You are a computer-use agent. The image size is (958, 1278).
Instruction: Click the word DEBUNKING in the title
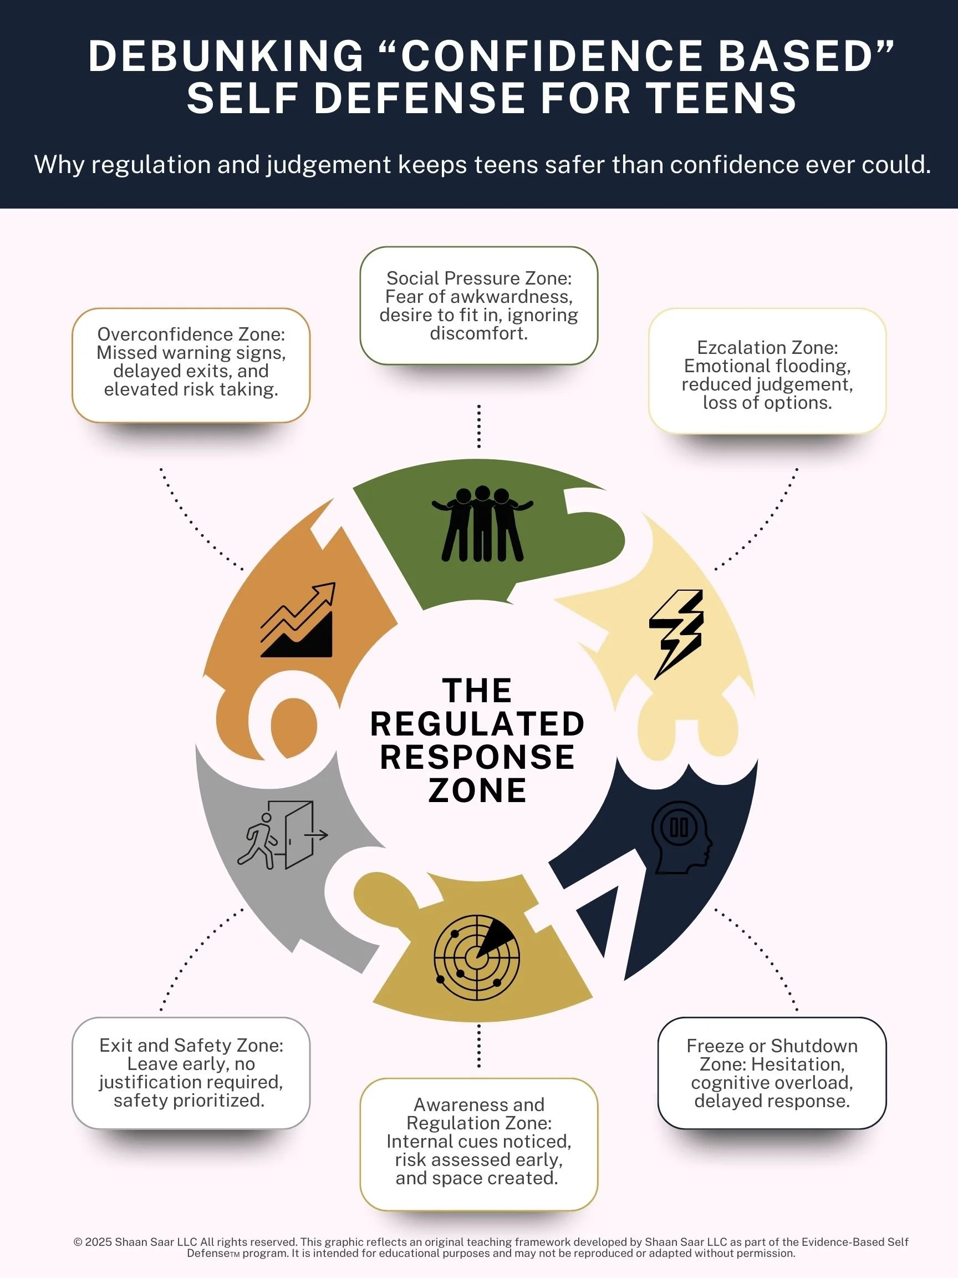point(226,56)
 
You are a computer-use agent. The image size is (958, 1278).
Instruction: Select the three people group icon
point(482,524)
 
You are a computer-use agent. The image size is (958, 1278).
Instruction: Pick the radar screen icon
point(476,957)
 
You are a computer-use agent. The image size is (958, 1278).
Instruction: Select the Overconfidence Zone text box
point(191,364)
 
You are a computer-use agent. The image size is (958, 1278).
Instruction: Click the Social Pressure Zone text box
point(478,306)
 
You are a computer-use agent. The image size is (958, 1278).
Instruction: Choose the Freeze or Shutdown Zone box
point(772,1073)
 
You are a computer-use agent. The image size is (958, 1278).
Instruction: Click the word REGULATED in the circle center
point(477,724)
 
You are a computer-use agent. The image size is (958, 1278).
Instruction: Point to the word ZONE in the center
point(477,790)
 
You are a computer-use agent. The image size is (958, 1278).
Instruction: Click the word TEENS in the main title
point(721,98)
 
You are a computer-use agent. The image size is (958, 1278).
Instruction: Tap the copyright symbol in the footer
point(78,1241)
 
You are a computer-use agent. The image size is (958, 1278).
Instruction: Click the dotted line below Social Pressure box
point(478,427)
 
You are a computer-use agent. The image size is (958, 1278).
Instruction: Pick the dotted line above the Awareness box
point(478,1046)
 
